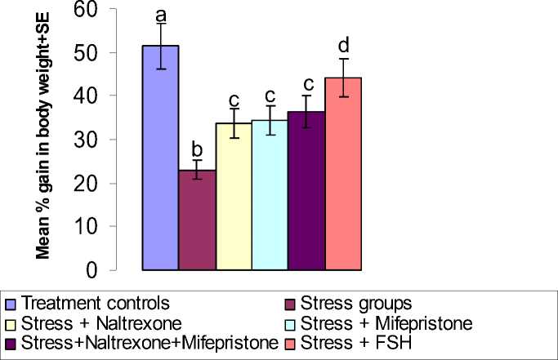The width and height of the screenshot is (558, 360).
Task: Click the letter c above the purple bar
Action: pyautogui.click(x=307, y=83)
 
